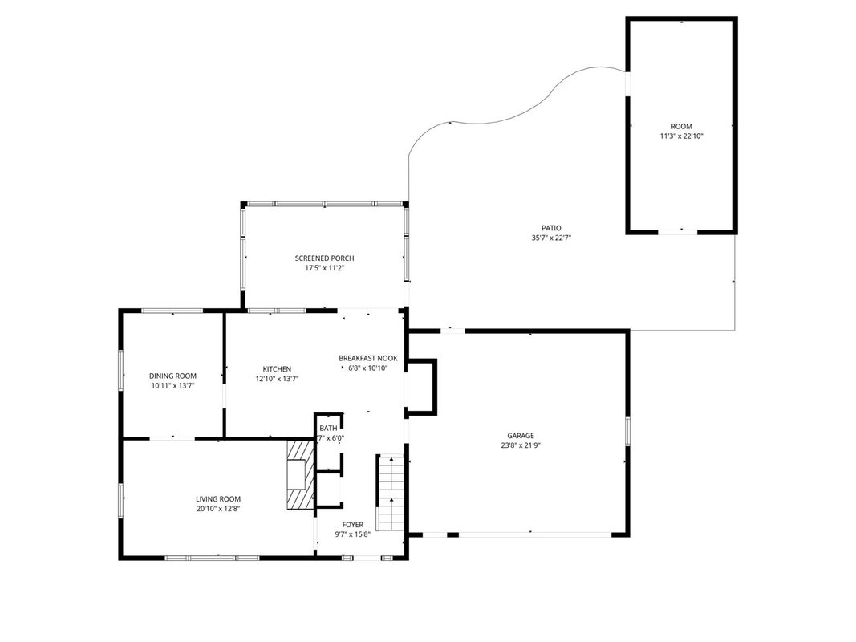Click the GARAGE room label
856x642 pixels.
[521, 436]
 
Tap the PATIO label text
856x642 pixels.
[551, 228]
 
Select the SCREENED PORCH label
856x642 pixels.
[324, 258]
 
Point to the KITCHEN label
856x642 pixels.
[277, 369]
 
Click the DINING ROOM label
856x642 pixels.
[172, 376]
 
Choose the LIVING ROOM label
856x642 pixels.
[218, 499]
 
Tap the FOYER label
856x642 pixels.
[353, 525]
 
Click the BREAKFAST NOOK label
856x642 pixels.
[368, 359]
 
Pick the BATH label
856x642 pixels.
[328, 429]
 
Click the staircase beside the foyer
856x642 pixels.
[391, 493]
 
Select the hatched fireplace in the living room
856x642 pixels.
[300, 474]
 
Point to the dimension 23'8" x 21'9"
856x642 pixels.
[521, 445]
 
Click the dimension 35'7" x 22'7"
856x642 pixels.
[551, 238]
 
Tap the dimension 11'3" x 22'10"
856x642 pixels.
[681, 136]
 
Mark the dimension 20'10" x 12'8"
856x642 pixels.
[218, 509]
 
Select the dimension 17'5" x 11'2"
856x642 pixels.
[324, 268]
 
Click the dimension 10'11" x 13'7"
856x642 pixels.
[172, 386]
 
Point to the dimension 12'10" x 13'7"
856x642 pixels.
[277, 379]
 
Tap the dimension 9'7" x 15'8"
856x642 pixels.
[353, 535]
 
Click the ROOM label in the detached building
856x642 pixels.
[681, 127]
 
